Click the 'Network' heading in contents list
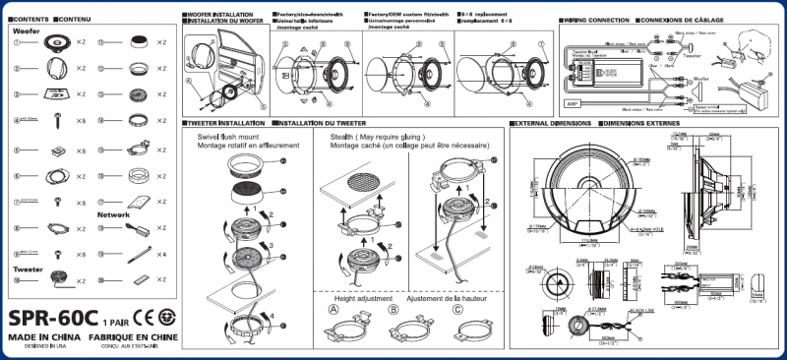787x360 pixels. (x=113, y=213)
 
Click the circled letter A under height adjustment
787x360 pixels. (x=333, y=309)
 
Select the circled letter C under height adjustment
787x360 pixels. (x=457, y=309)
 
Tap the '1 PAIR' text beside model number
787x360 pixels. (x=116, y=322)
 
